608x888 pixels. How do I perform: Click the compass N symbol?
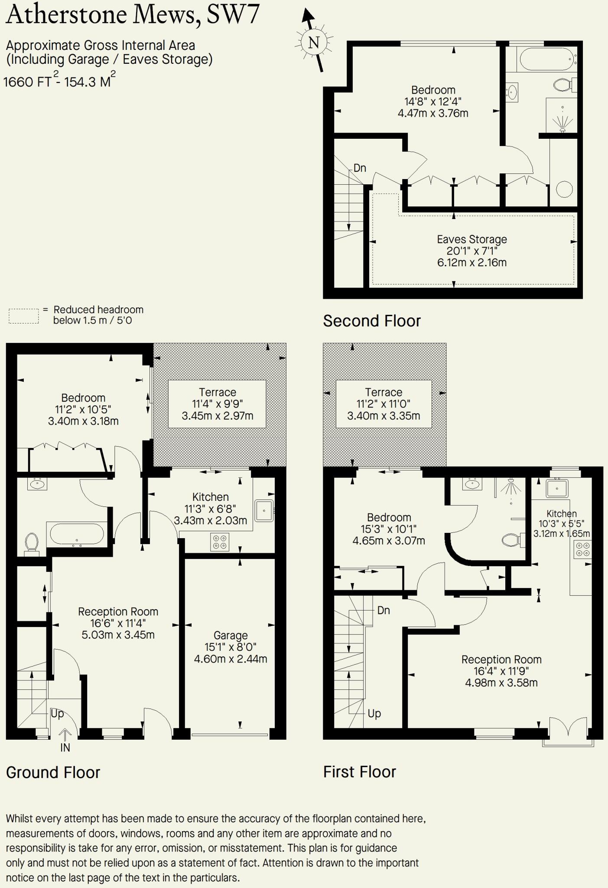pos(314,42)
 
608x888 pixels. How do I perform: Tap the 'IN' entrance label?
pos(65,748)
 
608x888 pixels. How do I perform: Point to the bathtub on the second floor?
pos(546,59)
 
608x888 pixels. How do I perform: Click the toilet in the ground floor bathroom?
pos(31,542)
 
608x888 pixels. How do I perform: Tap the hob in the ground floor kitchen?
pos(220,542)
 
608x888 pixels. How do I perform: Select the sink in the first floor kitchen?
pos(557,488)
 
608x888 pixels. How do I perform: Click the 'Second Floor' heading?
pos(372,321)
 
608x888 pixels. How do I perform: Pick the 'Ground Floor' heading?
pos(53,772)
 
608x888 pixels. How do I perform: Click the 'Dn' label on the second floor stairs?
pos(360,168)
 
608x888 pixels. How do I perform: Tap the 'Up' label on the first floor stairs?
pos(374,713)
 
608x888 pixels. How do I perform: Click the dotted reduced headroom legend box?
pos(24,316)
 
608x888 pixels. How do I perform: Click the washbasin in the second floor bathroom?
pos(512,92)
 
